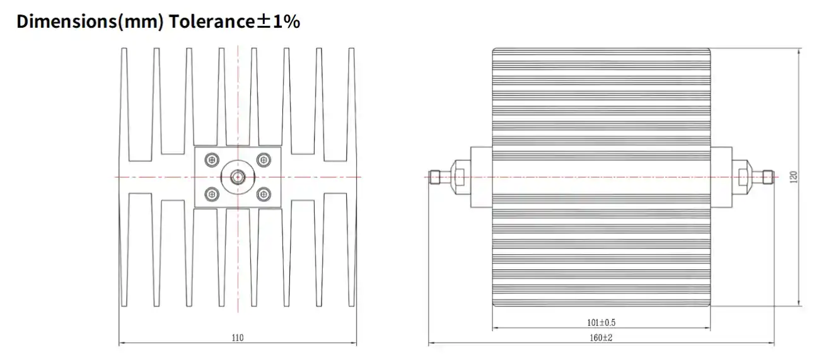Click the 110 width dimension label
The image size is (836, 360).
pos(237,338)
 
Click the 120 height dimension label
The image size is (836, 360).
pos(794,177)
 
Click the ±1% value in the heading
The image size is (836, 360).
pos(279,22)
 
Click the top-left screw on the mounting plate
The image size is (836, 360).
pos(212,160)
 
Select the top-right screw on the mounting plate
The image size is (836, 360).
pos(263,160)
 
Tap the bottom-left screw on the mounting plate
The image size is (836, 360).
pos(212,194)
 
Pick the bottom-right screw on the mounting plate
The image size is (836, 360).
pos(263,194)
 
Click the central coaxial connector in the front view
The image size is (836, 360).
pos(237,177)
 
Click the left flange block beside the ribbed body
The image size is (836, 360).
pos(481,177)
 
